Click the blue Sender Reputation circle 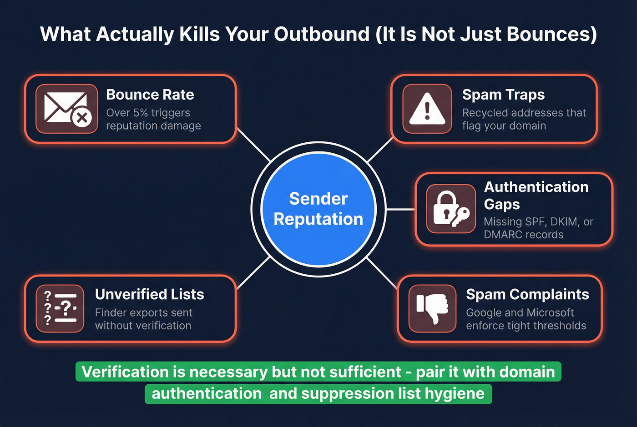[318, 209]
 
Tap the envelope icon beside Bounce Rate [67, 109]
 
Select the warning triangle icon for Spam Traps [427, 109]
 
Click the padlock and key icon [450, 209]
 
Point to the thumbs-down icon [432, 308]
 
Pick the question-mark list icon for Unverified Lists [60, 308]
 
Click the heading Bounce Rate [150, 95]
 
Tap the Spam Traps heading [503, 95]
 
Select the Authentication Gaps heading [536, 195]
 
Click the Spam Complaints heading [527, 294]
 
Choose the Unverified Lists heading [149, 294]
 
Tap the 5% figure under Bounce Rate [141, 113]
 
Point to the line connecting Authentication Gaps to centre [400, 209]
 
